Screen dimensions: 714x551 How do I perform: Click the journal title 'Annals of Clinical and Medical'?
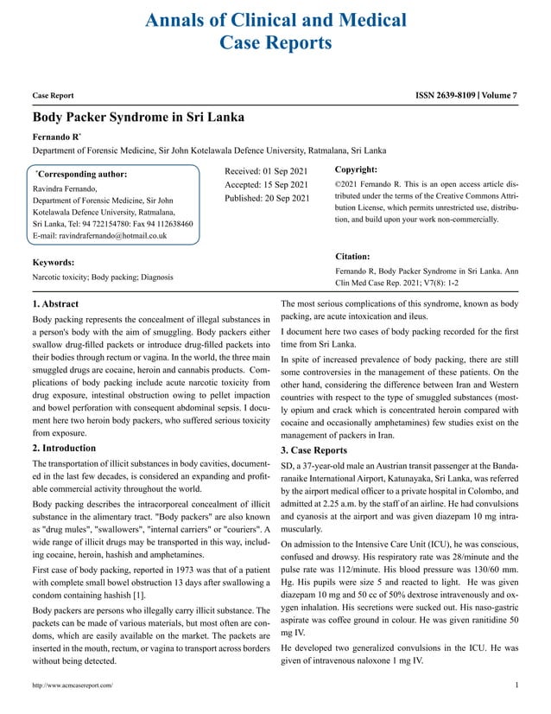(275, 20)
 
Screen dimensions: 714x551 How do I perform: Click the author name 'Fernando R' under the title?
(56, 136)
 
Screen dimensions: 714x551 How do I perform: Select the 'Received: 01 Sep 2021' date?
(266, 171)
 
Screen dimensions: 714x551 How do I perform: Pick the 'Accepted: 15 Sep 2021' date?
(266, 185)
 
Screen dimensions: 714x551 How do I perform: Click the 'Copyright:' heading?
(355, 170)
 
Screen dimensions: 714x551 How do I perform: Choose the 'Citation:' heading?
(351, 257)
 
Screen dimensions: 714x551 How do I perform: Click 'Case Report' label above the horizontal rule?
(53, 96)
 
